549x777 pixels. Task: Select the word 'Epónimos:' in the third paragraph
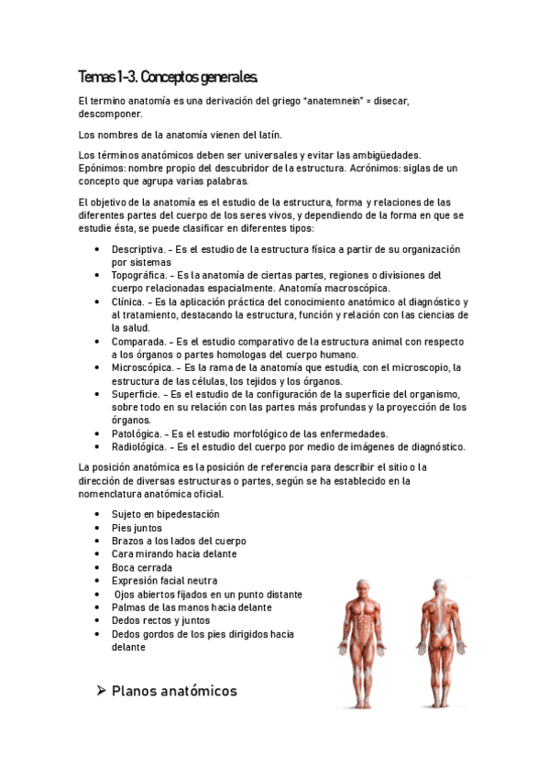coord(104,169)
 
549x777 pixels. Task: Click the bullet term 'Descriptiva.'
coord(137,249)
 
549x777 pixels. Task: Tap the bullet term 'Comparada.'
coord(137,341)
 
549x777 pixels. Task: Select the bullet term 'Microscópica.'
coord(142,367)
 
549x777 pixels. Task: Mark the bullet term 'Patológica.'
coord(137,433)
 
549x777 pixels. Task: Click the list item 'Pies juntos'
coord(137,528)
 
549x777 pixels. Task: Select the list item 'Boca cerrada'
coord(141,567)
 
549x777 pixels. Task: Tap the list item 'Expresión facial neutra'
coord(164,581)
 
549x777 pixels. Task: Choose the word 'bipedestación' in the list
coord(188,514)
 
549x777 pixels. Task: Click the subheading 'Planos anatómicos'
coord(174,691)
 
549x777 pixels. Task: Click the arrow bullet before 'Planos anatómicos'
coord(102,691)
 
